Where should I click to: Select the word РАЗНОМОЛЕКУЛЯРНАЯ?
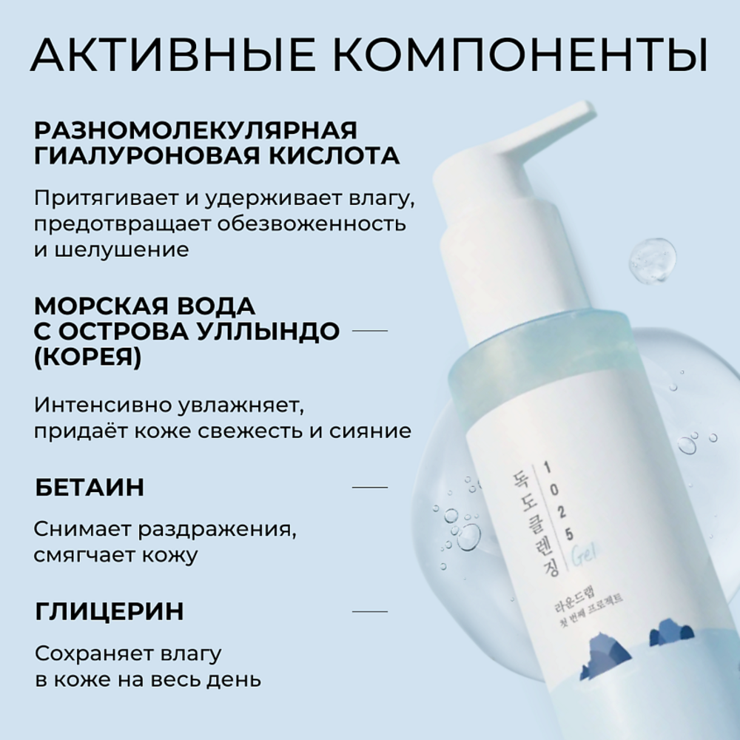(195, 130)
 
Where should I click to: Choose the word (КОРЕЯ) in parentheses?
(88, 357)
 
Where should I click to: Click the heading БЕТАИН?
(90, 488)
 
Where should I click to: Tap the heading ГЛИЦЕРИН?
(110, 612)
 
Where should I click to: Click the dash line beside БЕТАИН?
(369, 488)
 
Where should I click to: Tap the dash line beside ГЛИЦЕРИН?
(369, 612)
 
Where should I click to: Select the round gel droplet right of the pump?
(653, 260)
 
